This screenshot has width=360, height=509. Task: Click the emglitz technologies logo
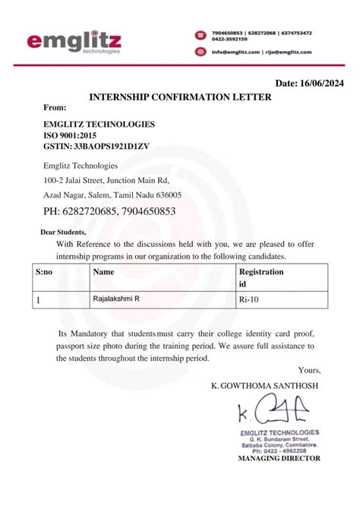[74, 42]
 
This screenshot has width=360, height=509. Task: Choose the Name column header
[103, 271]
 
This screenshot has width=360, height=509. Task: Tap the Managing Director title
[279, 459]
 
